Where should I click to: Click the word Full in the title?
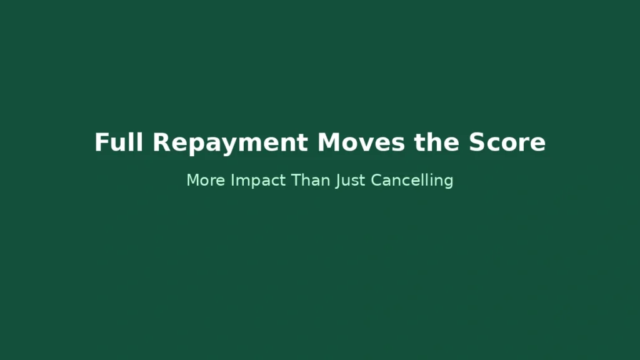pyautogui.click(x=119, y=142)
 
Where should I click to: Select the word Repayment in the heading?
pyautogui.click(x=230, y=143)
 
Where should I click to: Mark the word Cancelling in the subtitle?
pyautogui.click(x=412, y=181)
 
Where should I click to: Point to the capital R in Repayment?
pyautogui.click(x=161, y=142)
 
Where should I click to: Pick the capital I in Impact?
pyautogui.click(x=232, y=181)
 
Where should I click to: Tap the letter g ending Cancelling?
pyautogui.click(x=448, y=182)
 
